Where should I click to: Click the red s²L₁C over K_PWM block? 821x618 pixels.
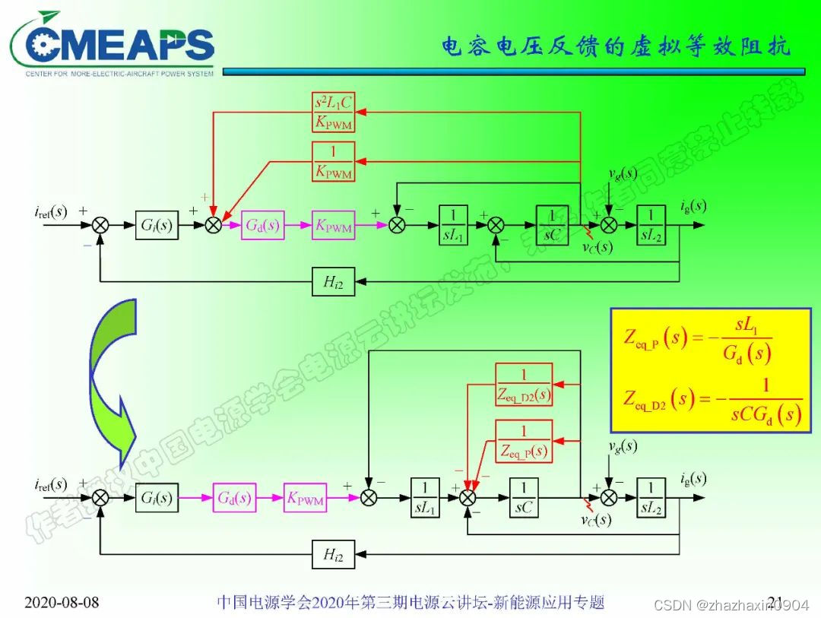tap(334, 113)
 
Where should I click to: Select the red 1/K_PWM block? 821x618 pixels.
tap(334, 161)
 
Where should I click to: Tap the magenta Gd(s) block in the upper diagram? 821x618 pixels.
tap(263, 226)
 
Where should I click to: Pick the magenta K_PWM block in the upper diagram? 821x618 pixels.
tap(334, 226)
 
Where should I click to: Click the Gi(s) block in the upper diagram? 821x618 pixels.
tap(157, 226)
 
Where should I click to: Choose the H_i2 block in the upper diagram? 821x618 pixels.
tap(334, 282)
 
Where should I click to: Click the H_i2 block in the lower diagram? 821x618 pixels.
tap(334, 555)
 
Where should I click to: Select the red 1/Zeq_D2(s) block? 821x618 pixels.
tap(524, 385)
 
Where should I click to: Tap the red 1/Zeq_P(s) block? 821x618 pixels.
tap(524, 441)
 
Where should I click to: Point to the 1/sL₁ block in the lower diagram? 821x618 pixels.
tap(426, 498)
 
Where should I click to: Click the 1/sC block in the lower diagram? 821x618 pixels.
tap(524, 498)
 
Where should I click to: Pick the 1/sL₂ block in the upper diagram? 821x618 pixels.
tap(651, 226)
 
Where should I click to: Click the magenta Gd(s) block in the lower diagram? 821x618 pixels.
tap(235, 498)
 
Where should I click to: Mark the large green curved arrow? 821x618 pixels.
tap(114, 380)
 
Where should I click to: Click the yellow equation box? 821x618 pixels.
tap(711, 369)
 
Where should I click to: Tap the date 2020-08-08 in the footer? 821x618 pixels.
tap(61, 603)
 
